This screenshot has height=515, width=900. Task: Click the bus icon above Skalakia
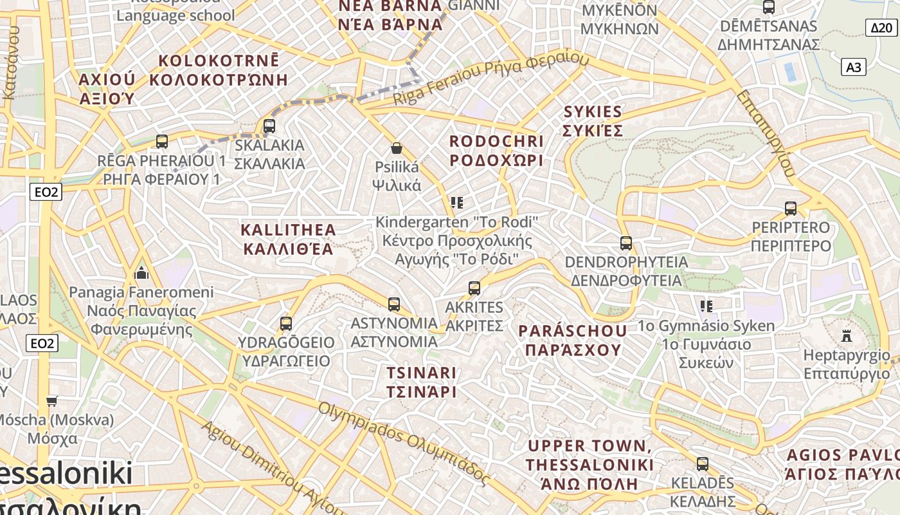tap(269, 126)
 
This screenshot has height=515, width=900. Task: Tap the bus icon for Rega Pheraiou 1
tap(162, 141)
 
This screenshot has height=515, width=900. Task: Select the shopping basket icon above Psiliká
tap(397, 149)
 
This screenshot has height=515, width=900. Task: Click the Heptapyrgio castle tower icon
tap(847, 336)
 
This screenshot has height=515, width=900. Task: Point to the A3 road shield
tap(854, 67)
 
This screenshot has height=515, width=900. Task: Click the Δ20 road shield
tap(881, 28)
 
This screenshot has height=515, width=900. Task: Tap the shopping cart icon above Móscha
tap(52, 401)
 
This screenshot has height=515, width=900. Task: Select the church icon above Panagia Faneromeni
tap(141, 274)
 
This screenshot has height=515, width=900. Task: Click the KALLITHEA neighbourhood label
tap(288, 239)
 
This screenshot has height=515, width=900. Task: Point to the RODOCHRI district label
tap(496, 150)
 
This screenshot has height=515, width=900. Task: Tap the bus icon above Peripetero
tap(791, 209)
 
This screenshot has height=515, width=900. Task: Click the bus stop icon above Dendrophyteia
tap(626, 243)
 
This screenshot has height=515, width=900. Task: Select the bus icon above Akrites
tap(474, 288)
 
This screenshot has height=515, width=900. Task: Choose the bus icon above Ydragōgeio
tap(286, 324)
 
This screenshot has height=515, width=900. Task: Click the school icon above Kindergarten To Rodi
tap(457, 203)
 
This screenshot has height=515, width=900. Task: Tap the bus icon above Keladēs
tap(703, 464)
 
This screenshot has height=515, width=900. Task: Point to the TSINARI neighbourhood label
tap(422, 382)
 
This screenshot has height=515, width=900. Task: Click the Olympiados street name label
tap(404, 444)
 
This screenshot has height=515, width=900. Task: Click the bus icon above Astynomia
tap(394, 304)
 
